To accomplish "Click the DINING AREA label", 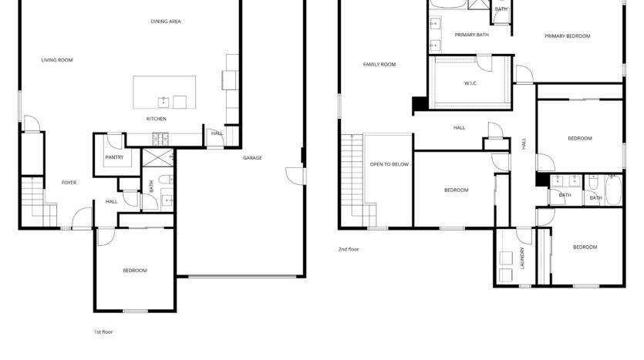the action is click(166, 22).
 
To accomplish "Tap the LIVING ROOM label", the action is click(57, 60).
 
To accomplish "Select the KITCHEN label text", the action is click(157, 119).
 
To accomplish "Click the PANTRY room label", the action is click(114, 157).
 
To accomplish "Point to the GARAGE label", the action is click(252, 157).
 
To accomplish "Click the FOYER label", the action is click(69, 183).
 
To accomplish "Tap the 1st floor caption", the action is click(103, 331).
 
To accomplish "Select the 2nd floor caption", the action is click(349, 249).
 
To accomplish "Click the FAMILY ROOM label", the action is click(379, 65).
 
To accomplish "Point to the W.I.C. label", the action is click(470, 83).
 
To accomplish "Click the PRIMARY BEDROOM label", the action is click(567, 36).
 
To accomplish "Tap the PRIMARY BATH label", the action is click(471, 35).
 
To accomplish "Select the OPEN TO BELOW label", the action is click(389, 164).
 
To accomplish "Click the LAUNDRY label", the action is click(522, 257).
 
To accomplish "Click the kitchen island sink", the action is click(164, 102).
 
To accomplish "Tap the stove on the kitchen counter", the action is click(160, 139).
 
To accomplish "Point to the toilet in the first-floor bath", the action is click(166, 180).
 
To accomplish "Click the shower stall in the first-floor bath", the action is click(158, 157).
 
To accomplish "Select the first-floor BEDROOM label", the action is click(135, 271).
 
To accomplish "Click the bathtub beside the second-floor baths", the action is click(613, 189).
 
